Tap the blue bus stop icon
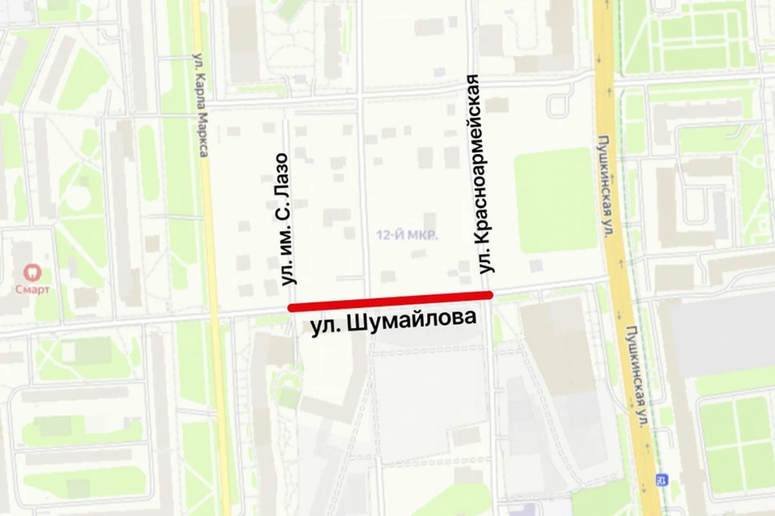[662, 480]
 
